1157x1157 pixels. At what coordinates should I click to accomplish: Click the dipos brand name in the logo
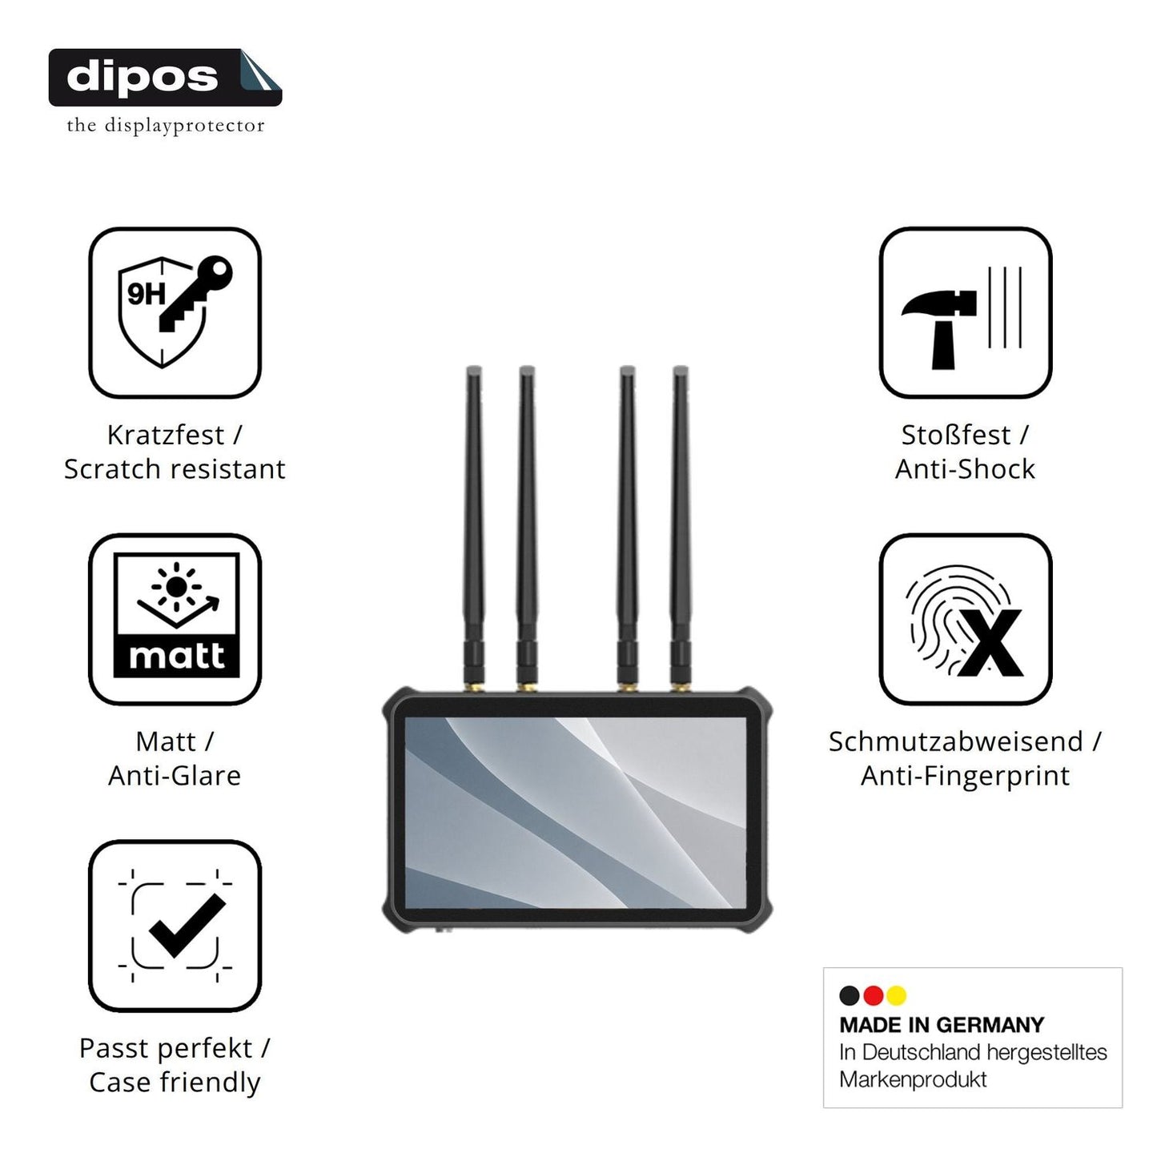[x=143, y=77]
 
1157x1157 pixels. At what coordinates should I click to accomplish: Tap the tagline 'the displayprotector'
[x=166, y=126]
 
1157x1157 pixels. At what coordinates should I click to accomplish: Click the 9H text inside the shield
[x=147, y=294]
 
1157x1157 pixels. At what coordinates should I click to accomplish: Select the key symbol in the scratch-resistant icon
[x=195, y=294]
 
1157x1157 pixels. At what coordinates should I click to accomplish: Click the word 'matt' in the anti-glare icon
[x=176, y=657]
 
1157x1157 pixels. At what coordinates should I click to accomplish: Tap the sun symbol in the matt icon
[x=176, y=587]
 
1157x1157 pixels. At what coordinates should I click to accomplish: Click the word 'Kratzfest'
[x=166, y=435]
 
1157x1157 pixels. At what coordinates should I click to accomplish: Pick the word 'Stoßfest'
[x=956, y=435]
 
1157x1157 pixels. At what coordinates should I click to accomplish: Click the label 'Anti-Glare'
[x=175, y=776]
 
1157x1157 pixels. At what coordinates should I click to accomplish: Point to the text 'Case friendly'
[x=175, y=1083]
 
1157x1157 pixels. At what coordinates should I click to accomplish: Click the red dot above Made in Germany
[x=873, y=995]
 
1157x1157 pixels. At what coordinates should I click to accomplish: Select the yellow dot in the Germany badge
[x=896, y=995]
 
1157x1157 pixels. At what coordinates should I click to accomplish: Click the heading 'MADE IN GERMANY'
[x=942, y=1025]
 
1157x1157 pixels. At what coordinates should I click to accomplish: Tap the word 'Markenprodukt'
[x=913, y=1079]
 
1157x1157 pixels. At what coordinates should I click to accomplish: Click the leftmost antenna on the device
[x=474, y=528]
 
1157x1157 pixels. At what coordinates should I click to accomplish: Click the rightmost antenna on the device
[x=681, y=528]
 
